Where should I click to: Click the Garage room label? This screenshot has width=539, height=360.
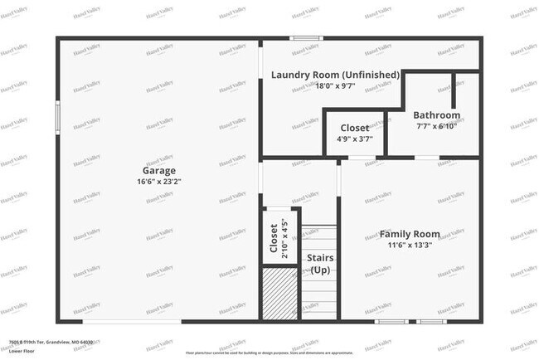point(158,170)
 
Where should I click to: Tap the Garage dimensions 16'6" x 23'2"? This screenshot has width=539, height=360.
point(158,182)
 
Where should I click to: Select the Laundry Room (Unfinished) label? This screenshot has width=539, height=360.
point(336,75)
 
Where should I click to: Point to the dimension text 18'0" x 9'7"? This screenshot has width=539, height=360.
point(336,85)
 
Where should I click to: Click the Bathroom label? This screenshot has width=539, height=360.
point(436,115)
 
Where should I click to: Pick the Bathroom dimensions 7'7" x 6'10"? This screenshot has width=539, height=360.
point(436,127)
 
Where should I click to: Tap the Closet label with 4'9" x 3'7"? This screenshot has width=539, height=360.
point(355,128)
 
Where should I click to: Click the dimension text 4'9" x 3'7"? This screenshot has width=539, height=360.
point(355,139)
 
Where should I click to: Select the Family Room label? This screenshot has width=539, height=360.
point(410,234)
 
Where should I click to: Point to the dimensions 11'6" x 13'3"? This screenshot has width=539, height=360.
point(410,245)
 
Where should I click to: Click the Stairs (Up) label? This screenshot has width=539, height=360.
point(320,264)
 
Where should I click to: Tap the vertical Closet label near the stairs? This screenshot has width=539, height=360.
point(274,239)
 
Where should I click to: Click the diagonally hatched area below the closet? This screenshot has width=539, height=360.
point(279,293)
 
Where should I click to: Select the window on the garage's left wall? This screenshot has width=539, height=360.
point(57,114)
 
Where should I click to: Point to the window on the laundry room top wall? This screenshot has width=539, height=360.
point(306,37)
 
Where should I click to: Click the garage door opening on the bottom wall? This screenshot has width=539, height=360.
point(133,322)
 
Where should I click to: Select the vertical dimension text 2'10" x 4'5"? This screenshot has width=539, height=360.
point(284,239)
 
